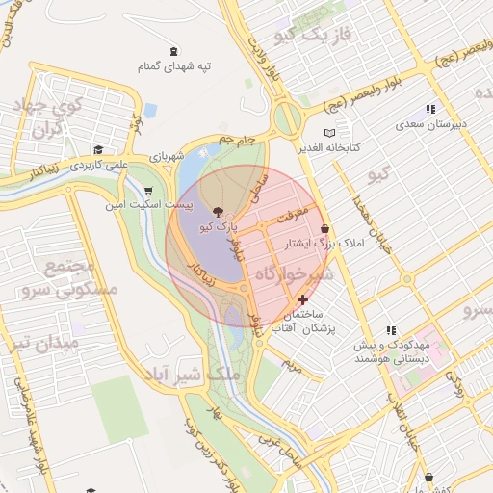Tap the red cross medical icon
304,300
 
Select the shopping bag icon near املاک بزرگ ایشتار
324,228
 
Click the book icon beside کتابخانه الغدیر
331,132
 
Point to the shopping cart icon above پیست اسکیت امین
147,190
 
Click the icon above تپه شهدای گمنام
173,51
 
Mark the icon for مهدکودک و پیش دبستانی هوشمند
391,330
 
